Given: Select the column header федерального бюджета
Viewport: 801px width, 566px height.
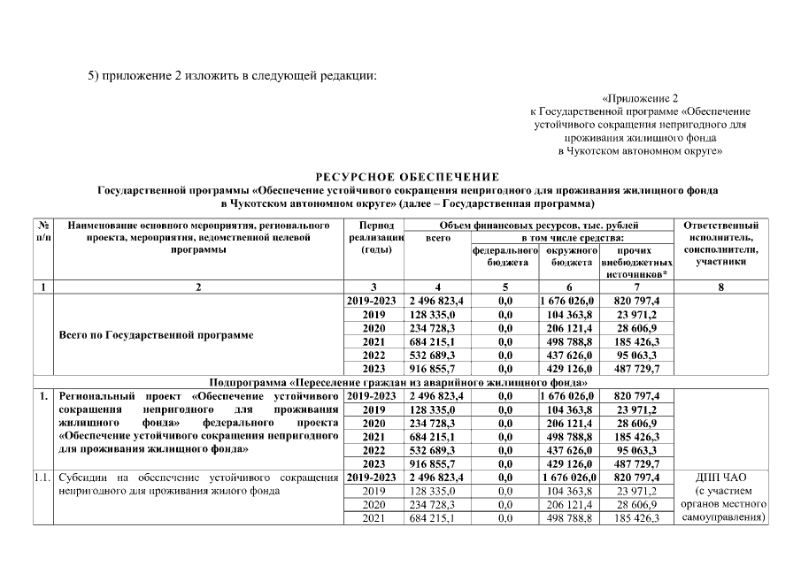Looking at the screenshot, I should pyautogui.click(x=505, y=256).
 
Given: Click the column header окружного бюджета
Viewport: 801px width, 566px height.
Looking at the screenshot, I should pyautogui.click(x=568, y=256).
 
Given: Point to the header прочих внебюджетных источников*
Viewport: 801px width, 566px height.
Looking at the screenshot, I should pyautogui.click(x=636, y=263).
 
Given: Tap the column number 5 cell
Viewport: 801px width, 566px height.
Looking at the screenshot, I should pyautogui.click(x=505, y=287).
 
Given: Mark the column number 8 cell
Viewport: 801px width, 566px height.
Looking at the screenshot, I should pyautogui.click(x=720, y=287).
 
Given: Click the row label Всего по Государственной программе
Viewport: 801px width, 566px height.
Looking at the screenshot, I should pyautogui.click(x=155, y=336).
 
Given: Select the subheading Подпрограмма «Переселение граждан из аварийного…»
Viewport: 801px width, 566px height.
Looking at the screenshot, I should pyautogui.click(x=399, y=381).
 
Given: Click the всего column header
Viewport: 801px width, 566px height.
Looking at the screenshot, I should pyautogui.click(x=438, y=238).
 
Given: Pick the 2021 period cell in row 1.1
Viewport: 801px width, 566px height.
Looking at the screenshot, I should pyautogui.click(x=374, y=517).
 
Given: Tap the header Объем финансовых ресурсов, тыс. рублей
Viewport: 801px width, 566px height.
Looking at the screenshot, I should pyautogui.click(x=540, y=226).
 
